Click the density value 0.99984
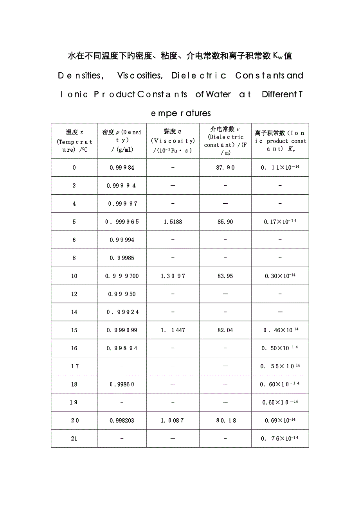pyautogui.click(x=122, y=167)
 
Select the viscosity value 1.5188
pyautogui.click(x=173, y=222)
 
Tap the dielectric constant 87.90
pyautogui.click(x=225, y=167)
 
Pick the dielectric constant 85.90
pyautogui.click(x=225, y=222)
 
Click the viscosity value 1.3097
pyautogui.click(x=173, y=276)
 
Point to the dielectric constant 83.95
pyautogui.click(x=225, y=276)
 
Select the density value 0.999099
pyautogui.click(x=122, y=330)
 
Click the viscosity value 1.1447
pyautogui.click(x=173, y=330)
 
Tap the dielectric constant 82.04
pyautogui.click(x=225, y=330)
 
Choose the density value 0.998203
pyautogui.click(x=122, y=421)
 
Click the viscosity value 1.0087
pyautogui.click(x=173, y=421)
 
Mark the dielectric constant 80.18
pyautogui.click(x=225, y=421)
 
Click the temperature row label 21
pyautogui.click(x=74, y=439)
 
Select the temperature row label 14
pyautogui.click(x=74, y=312)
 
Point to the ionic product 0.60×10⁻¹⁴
pyautogui.click(x=280, y=384)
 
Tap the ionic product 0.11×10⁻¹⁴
pyautogui.click(x=280, y=167)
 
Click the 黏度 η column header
pyautogui.click(x=173, y=141)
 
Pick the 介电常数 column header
pyautogui.click(x=225, y=141)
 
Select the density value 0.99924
pyautogui.click(x=122, y=312)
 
